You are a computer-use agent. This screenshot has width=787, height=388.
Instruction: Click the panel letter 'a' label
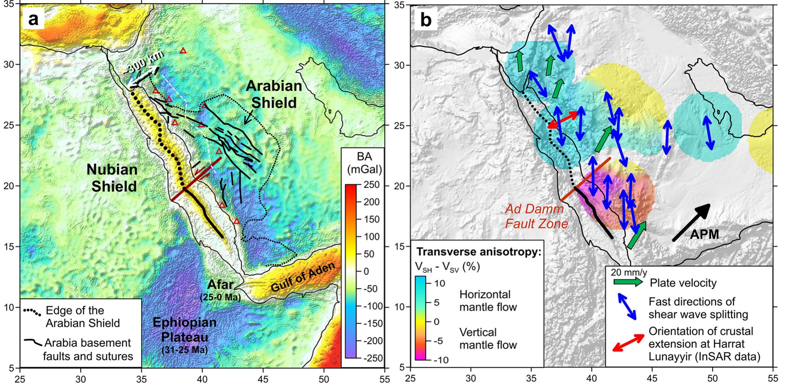coord(33,19)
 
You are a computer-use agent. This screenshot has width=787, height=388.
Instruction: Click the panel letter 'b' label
coord(426,20)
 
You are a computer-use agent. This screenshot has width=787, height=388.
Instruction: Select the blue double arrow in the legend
coord(627,306)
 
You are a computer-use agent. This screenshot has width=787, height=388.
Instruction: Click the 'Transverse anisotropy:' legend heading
coord(479,252)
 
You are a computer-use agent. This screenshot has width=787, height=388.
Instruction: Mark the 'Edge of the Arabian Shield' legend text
coord(83,316)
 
